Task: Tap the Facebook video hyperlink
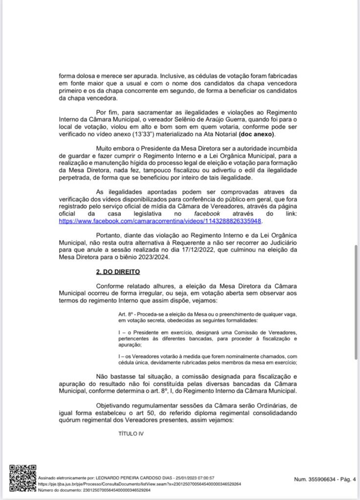[x=161, y=221]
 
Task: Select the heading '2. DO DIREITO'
[x=118, y=271]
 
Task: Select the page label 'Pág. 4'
[x=347, y=479]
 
